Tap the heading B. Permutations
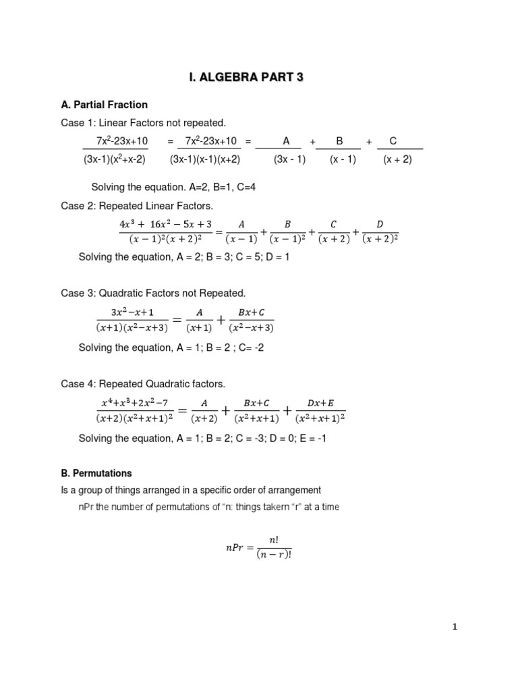pyautogui.click(x=96, y=473)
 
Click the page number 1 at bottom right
pyautogui.click(x=455, y=627)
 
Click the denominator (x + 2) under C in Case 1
pyautogui.click(x=397, y=160)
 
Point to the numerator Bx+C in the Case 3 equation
pyautogui.click(x=251, y=313)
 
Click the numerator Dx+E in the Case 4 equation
pyautogui.click(x=320, y=403)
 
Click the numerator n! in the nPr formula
pyautogui.click(x=273, y=540)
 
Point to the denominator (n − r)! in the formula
pyautogui.click(x=273, y=555)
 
